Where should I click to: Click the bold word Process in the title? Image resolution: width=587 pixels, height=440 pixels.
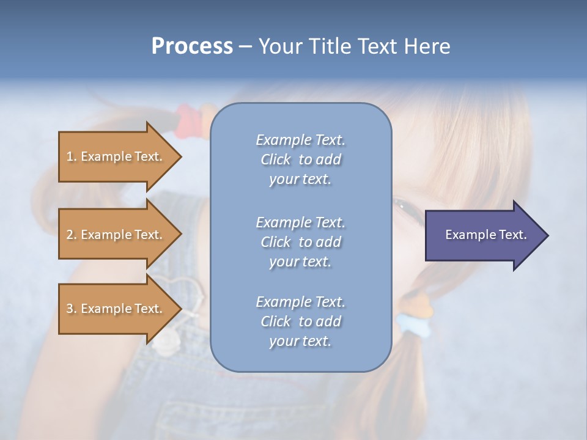click(x=192, y=46)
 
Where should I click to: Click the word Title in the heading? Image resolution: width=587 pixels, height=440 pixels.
click(x=331, y=46)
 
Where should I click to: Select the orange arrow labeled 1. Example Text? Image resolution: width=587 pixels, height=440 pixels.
click(x=116, y=156)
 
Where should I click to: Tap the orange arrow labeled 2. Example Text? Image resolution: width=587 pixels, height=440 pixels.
click(x=116, y=235)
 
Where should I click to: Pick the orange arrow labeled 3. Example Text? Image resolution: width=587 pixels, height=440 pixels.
click(x=116, y=309)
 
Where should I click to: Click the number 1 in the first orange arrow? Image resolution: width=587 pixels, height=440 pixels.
click(x=70, y=156)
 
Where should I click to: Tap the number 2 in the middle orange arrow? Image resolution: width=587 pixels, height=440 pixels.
click(x=70, y=235)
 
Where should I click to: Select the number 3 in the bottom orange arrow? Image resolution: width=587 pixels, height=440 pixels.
click(x=70, y=309)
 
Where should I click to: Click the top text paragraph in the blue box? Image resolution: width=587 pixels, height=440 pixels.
click(x=300, y=159)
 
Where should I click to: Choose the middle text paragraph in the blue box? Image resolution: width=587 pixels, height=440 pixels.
click(x=300, y=242)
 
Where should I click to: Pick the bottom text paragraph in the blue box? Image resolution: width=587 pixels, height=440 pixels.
click(x=300, y=321)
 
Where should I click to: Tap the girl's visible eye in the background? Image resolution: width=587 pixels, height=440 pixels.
click(x=405, y=208)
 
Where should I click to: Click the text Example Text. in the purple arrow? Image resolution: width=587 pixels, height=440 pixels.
click(x=486, y=235)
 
